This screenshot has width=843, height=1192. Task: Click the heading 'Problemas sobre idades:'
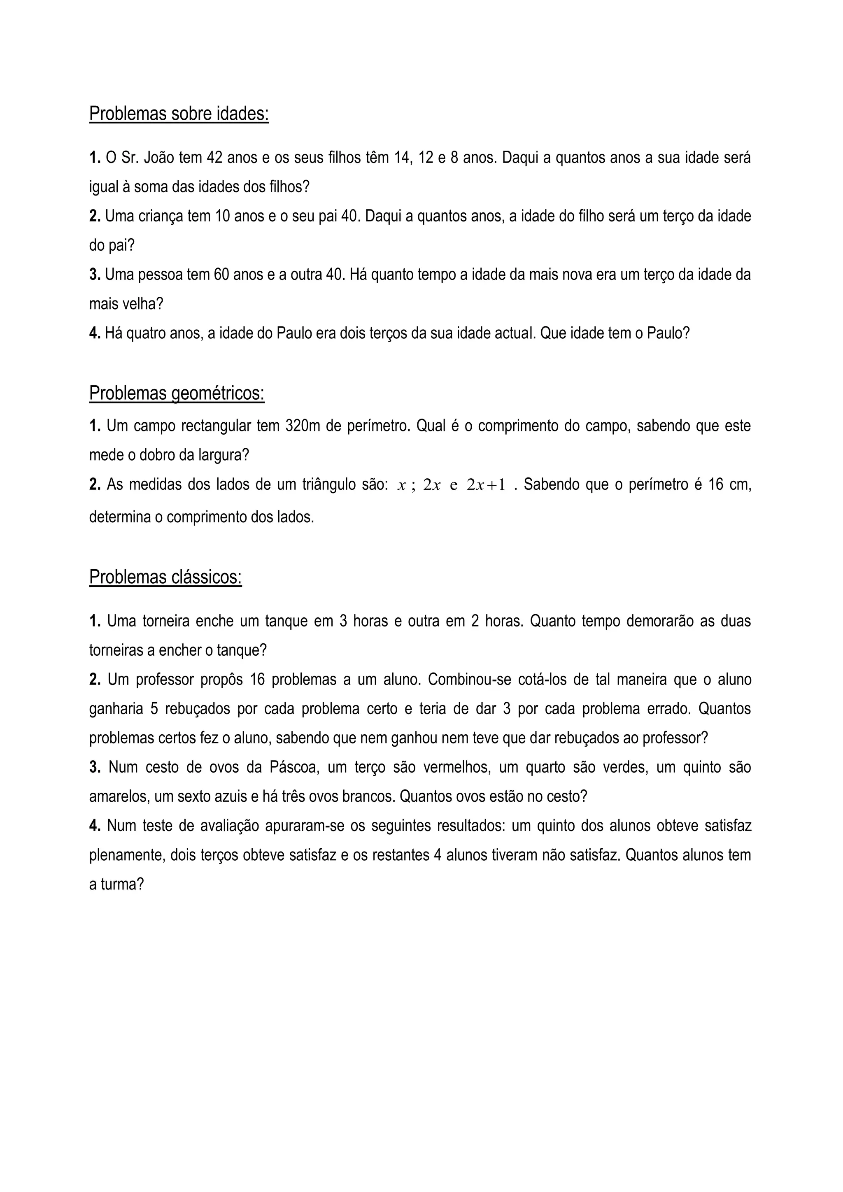(x=179, y=114)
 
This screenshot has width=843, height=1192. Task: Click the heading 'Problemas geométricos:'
(x=177, y=393)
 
